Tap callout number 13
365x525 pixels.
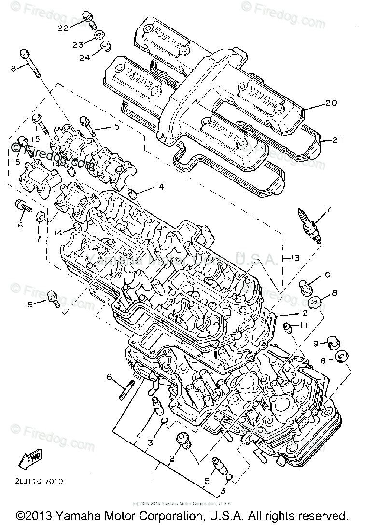295,258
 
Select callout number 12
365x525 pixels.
302,312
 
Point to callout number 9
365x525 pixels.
317,344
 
